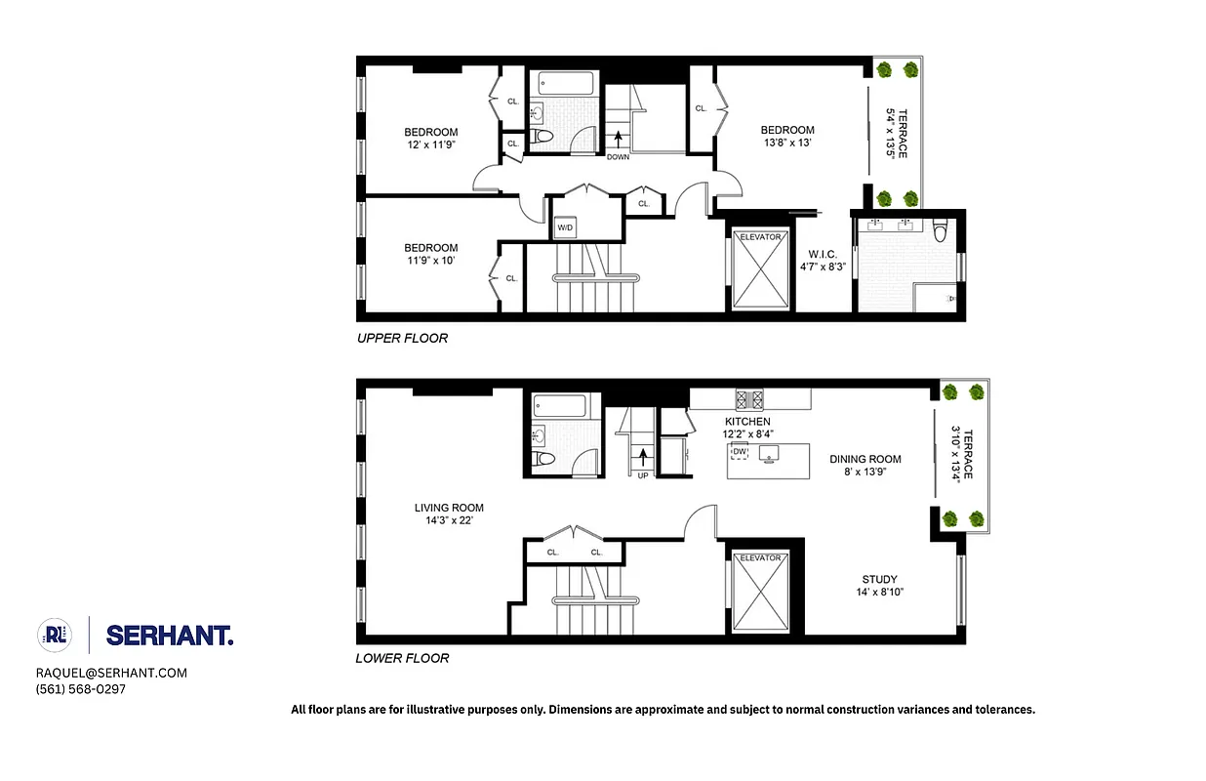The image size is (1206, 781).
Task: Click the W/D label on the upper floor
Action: (x=565, y=227)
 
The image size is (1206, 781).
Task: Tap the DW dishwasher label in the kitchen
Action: (x=740, y=451)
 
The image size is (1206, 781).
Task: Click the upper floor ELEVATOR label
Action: (x=761, y=237)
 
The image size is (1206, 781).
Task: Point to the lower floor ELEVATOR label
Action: (x=760, y=557)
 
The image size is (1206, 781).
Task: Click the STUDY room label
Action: (x=879, y=579)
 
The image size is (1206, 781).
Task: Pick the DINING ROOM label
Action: (x=865, y=459)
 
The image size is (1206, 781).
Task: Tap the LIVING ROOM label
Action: (x=449, y=508)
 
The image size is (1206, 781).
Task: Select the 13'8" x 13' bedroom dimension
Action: (x=787, y=143)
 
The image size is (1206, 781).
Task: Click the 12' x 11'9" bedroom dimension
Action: (x=431, y=145)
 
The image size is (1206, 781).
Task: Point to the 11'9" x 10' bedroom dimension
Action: (x=431, y=261)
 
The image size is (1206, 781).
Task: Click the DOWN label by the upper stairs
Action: (x=618, y=156)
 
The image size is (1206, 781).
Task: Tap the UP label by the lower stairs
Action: (x=643, y=475)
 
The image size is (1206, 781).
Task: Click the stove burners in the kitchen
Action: (x=750, y=397)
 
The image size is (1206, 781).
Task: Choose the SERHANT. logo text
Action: (x=169, y=636)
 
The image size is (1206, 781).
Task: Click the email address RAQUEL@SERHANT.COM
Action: (x=111, y=673)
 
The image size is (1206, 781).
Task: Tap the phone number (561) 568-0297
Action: (x=81, y=689)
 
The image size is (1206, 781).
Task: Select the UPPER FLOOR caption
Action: (x=402, y=338)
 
